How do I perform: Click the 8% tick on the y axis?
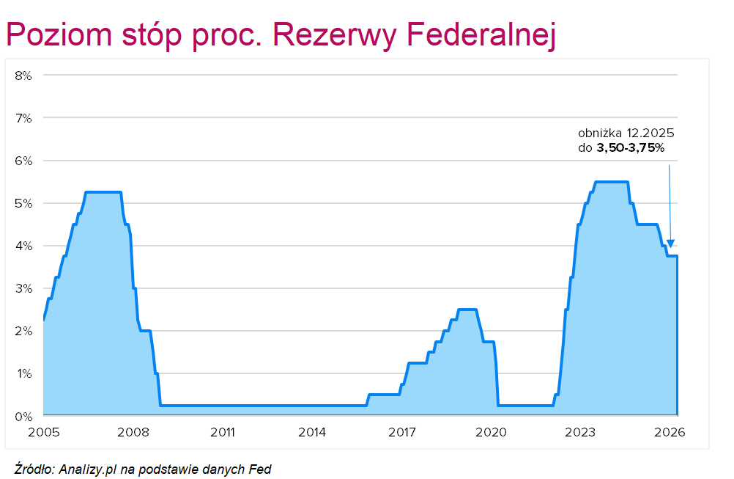point(23,75)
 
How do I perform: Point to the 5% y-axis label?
point(23,203)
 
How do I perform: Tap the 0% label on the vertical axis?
point(23,417)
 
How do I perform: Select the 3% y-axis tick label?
point(23,288)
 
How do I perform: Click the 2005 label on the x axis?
point(44,431)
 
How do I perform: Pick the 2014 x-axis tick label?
point(313,431)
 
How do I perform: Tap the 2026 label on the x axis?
point(670,431)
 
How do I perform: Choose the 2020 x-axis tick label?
point(492,431)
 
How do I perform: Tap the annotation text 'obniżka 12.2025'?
point(626,134)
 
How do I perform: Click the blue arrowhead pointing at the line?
point(671,244)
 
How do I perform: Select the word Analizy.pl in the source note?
point(86,469)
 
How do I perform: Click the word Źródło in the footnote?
point(33,469)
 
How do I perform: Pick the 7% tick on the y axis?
point(23,117)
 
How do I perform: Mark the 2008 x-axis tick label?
point(133,431)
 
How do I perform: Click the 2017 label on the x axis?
point(402,431)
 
